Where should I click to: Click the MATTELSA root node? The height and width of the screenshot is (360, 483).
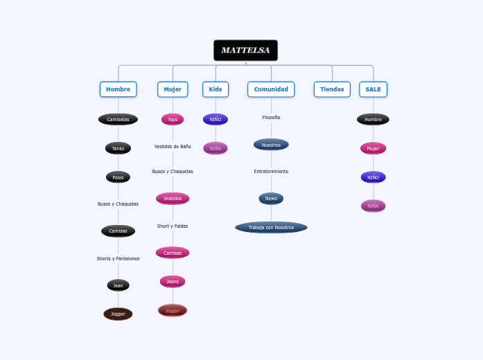click(245, 51)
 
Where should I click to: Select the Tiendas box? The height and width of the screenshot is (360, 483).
click(332, 89)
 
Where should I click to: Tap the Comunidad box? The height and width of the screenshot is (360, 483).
click(271, 89)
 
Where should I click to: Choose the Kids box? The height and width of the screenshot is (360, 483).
click(216, 89)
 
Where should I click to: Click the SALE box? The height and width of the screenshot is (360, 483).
click(373, 89)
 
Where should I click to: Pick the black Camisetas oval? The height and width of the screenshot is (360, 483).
click(118, 119)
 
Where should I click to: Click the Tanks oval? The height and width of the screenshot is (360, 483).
click(118, 148)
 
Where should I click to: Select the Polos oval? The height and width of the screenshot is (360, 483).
click(118, 177)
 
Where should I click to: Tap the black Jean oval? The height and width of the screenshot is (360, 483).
click(118, 285)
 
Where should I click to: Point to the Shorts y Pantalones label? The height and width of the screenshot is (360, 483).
click(118, 259)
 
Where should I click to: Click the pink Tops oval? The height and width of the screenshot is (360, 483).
click(173, 119)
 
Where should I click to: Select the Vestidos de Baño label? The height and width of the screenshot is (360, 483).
click(173, 147)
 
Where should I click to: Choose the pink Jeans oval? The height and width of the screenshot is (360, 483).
click(173, 281)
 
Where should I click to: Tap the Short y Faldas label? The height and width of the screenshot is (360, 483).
click(173, 226)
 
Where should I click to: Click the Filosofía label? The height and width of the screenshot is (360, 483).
click(271, 118)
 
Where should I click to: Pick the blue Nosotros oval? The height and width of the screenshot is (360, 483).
click(271, 145)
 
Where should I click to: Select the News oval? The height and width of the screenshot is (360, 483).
click(271, 199)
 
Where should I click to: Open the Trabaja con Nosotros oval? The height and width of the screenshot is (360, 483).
click(271, 227)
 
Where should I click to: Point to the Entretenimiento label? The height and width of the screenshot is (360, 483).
click(271, 171)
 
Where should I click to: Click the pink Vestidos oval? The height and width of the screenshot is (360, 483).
click(173, 199)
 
